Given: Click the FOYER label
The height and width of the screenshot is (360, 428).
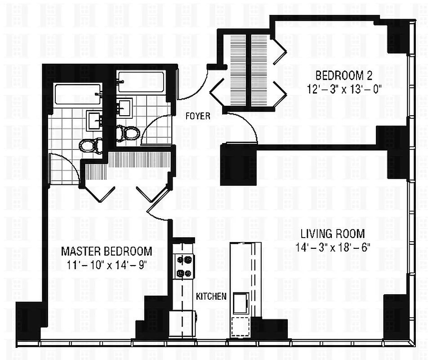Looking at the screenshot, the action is (x=198, y=116).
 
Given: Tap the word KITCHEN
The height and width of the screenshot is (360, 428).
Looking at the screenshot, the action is (x=211, y=297).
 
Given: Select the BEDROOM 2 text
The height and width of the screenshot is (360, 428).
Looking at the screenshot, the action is (x=344, y=76).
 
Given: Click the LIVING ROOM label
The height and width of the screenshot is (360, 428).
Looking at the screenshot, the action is (x=333, y=234).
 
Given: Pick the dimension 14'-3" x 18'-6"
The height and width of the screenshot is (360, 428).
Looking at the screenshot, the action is (x=333, y=247).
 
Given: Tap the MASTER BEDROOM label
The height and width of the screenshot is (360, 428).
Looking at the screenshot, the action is (x=107, y=251).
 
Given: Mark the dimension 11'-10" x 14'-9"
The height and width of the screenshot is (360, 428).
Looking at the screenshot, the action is (x=107, y=265).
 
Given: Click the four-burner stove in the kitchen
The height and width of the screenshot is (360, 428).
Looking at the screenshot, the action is (x=183, y=266).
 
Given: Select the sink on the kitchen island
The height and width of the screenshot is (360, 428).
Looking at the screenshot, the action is (x=241, y=302).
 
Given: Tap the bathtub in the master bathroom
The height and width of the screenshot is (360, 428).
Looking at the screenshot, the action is (x=78, y=94).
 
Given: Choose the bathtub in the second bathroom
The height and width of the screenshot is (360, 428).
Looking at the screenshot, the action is (x=141, y=81).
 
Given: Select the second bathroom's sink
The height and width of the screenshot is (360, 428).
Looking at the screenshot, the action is (x=125, y=108).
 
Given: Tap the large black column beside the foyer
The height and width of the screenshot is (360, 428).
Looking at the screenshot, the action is (x=239, y=165).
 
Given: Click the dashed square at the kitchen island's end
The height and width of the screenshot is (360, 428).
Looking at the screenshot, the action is (x=241, y=327).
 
